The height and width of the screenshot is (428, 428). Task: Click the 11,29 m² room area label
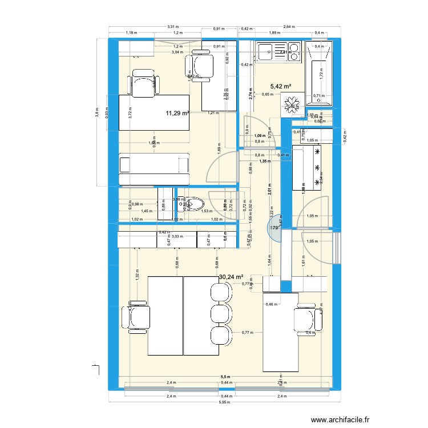[177, 113]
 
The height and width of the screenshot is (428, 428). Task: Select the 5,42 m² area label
[280, 87]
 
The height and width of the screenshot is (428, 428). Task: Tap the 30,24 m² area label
[231, 277]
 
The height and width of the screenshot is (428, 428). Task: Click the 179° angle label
[273, 228]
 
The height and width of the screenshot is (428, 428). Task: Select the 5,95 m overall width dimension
[227, 402]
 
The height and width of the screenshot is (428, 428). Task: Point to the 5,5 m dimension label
[227, 377]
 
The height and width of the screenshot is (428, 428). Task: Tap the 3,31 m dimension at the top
[173, 27]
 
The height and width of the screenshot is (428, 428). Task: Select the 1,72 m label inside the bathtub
[321, 71]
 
